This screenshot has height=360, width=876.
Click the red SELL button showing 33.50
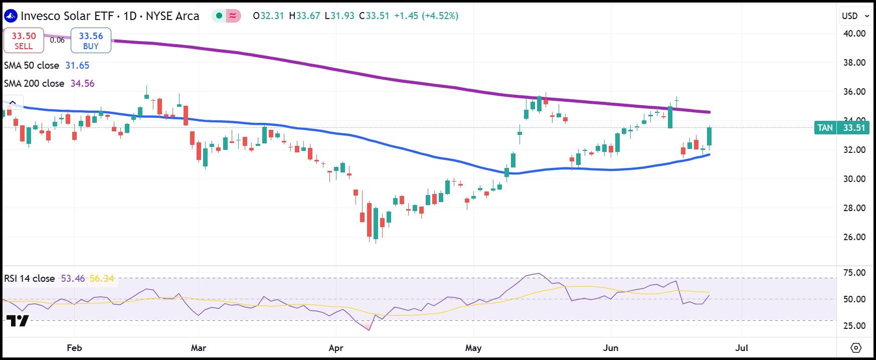coord(23,41)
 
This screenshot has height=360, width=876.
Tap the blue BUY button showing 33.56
coord(91,41)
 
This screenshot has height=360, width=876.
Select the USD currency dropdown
coord(854,16)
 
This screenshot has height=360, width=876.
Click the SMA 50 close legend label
coord(32,66)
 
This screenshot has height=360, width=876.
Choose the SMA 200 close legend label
coord(34,84)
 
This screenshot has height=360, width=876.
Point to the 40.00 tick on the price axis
coord(854,34)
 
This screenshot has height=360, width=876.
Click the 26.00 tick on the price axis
coord(854,237)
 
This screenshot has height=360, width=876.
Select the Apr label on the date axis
coord(336,348)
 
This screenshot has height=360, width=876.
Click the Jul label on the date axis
coord(742,348)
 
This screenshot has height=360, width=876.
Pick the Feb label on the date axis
coord(74,348)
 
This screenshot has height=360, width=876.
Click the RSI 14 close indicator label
coord(30,278)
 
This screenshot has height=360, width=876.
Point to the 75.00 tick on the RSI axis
coord(854,273)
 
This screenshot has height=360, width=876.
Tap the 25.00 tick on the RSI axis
coord(854,326)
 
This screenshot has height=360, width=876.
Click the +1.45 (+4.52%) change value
coord(426,16)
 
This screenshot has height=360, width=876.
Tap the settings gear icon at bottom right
coord(856,347)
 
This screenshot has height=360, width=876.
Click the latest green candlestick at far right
coord(710,137)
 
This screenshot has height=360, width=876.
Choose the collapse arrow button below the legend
coord(13,103)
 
